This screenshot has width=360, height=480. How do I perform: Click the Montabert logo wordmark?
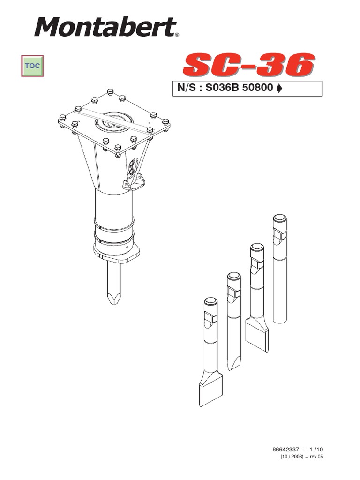tap(104, 27)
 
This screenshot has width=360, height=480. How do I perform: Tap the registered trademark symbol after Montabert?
tap(177, 34)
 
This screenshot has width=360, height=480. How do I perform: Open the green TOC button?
tap(32, 66)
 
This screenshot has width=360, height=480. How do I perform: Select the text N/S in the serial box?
tap(188, 89)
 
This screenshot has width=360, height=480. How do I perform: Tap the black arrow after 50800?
tap(280, 89)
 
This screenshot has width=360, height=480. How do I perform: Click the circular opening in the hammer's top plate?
tap(112, 123)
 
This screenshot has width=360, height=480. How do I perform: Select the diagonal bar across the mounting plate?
tap(112, 120)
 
